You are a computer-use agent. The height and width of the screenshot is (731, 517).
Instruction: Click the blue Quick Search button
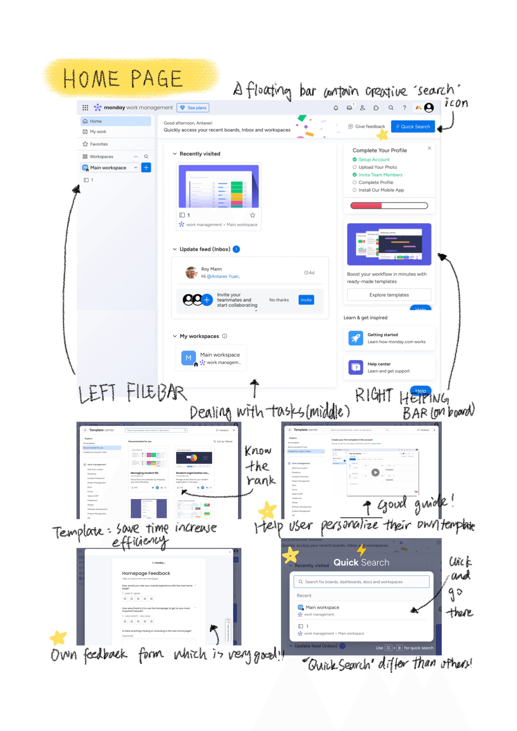(x=413, y=127)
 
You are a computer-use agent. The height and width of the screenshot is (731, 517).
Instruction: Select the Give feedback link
(x=367, y=127)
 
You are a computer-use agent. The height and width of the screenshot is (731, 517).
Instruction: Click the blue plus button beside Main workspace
(x=146, y=168)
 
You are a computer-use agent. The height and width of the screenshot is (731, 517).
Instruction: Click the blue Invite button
(x=306, y=300)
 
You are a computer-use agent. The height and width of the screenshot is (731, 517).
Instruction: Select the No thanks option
(x=279, y=300)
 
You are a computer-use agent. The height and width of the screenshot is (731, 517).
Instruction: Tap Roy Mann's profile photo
(x=191, y=273)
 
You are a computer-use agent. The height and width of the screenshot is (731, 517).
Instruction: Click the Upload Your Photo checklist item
(x=378, y=167)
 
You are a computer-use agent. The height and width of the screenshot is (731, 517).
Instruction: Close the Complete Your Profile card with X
(x=429, y=148)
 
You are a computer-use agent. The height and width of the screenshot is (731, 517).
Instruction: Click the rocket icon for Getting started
(x=355, y=338)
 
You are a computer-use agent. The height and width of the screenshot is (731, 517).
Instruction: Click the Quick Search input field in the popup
(x=361, y=582)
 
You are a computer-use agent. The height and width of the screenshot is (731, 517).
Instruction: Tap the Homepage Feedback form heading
(x=146, y=573)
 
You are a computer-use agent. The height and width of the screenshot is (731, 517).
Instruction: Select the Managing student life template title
(x=144, y=473)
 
